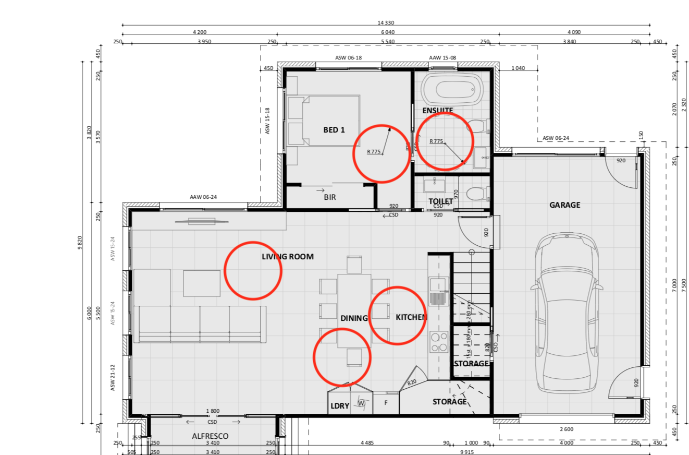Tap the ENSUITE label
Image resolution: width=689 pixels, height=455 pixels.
click(x=438, y=111)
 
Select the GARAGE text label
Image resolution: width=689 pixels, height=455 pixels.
click(x=564, y=205)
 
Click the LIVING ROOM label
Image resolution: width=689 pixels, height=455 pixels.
click(x=287, y=256)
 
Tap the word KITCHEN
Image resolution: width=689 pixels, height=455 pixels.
click(x=411, y=317)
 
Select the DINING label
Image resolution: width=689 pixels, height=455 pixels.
click(x=354, y=318)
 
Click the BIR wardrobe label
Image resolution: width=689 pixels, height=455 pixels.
click(x=329, y=197)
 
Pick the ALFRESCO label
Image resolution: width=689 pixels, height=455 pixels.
click(x=210, y=436)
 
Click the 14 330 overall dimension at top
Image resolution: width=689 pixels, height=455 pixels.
click(x=386, y=22)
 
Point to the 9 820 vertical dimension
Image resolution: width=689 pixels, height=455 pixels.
click(x=80, y=243)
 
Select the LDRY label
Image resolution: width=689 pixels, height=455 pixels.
click(x=339, y=406)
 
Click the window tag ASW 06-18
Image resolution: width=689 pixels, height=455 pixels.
click(x=348, y=58)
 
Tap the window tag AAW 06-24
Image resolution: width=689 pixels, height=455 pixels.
click(x=203, y=198)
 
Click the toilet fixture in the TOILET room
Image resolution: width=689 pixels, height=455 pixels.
click(x=476, y=194)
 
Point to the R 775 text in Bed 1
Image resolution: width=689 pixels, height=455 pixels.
click(x=374, y=152)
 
